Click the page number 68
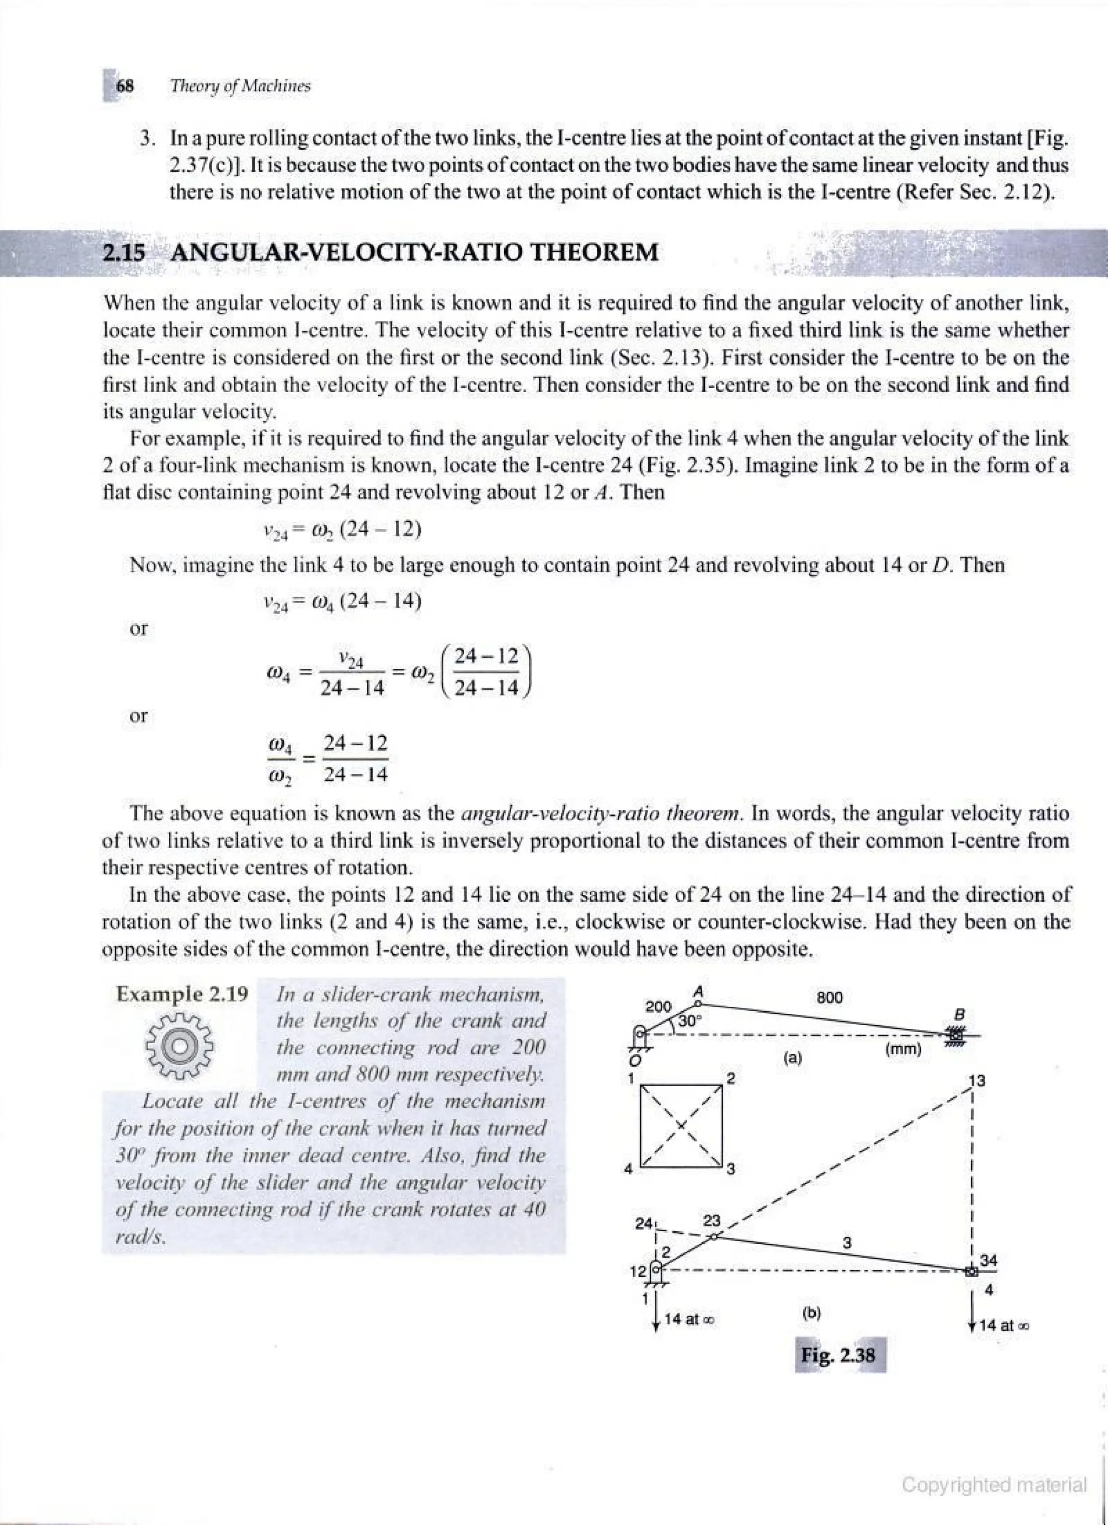click(126, 86)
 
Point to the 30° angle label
click(690, 1020)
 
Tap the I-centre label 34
click(988, 1259)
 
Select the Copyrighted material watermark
click(994, 1484)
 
